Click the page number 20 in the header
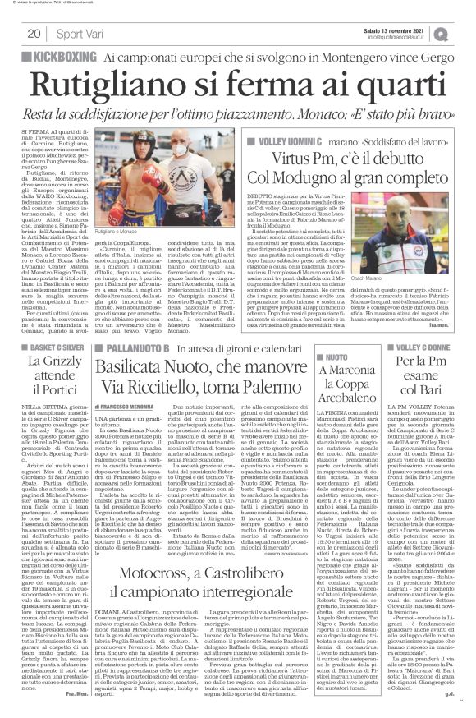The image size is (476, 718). click(34, 33)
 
